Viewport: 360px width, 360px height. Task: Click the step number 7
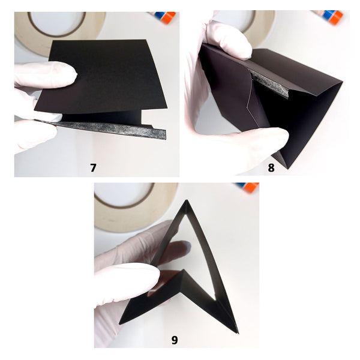coord(93,168)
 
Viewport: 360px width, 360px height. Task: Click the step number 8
coord(271,168)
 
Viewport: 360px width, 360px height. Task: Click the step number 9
coord(175,340)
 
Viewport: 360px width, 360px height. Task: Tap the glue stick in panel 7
coord(164,17)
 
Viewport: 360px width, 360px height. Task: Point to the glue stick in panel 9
coord(248,187)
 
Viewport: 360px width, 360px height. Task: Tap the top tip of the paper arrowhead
coord(187,200)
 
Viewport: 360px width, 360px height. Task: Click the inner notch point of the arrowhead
coord(183,270)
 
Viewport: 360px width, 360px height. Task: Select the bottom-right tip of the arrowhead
coord(238,332)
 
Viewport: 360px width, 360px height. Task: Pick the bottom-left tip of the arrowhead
coord(119,323)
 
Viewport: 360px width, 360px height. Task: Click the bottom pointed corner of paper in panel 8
coord(287,168)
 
